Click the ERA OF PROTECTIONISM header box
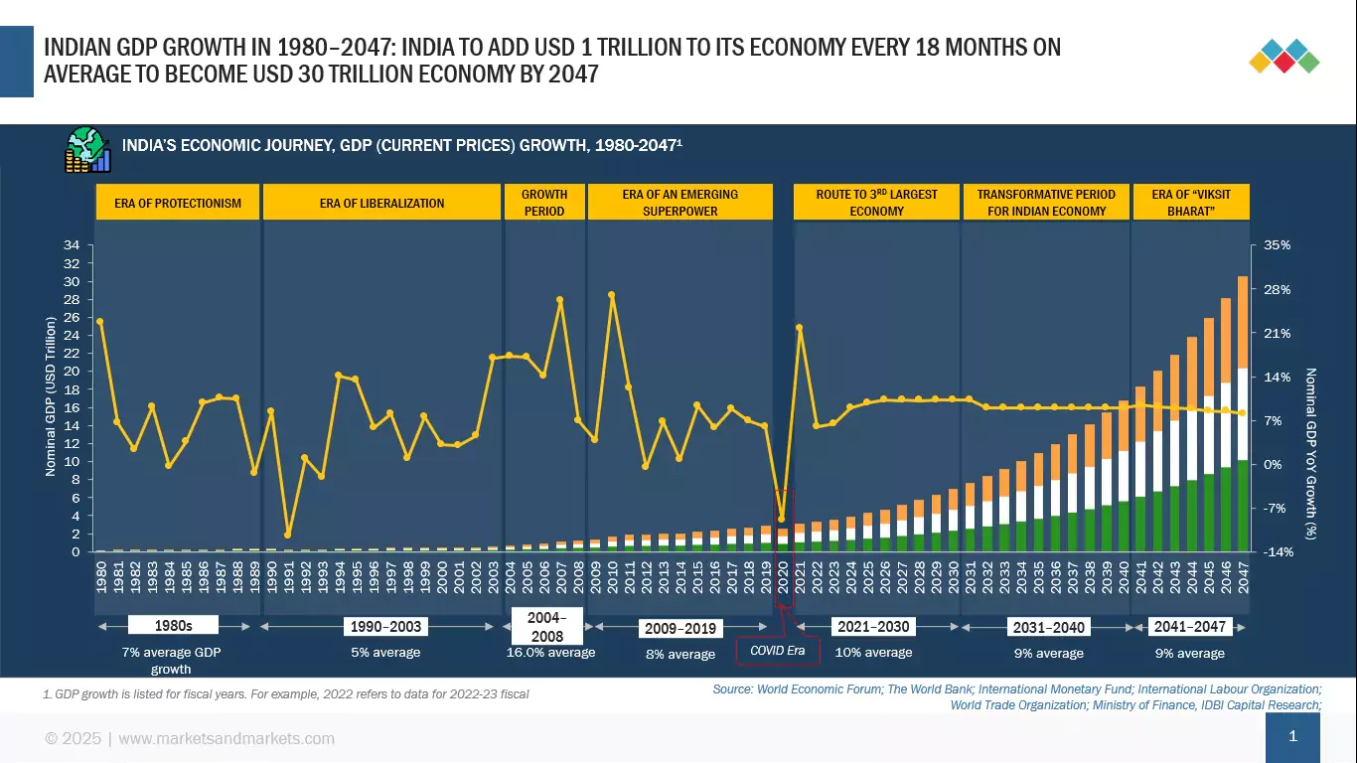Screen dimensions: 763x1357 click(178, 203)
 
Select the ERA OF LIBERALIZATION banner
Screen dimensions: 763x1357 click(382, 203)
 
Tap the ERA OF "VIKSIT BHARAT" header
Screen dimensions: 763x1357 click(1190, 203)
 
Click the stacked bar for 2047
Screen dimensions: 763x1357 click(1242, 417)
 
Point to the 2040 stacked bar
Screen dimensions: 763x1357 click(1124, 477)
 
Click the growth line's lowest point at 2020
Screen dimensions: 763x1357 click(781, 519)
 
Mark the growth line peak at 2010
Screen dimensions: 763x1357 click(611, 295)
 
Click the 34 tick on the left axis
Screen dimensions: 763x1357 click(72, 245)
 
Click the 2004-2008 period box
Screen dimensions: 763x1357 click(547, 627)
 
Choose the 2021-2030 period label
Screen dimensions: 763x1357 click(874, 627)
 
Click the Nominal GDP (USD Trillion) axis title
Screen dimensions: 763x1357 click(51, 396)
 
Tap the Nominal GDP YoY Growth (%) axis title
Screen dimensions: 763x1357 click(1310, 452)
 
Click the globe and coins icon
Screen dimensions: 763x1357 click(88, 150)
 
